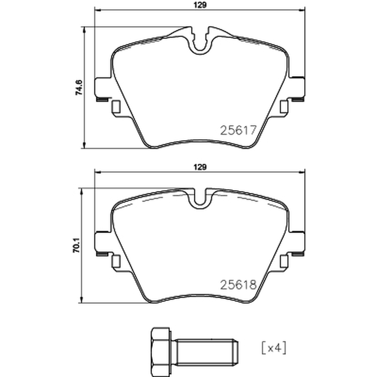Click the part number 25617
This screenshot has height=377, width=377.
[238, 131]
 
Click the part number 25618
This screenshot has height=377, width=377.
[238, 285]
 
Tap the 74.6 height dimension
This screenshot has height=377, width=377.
[79, 88]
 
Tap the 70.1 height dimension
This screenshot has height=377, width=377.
[76, 245]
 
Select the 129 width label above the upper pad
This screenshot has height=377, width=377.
[200, 5]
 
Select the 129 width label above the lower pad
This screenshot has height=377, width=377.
[200, 167]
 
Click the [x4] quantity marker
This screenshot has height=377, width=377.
[274, 348]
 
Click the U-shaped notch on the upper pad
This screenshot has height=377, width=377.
[200, 46]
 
